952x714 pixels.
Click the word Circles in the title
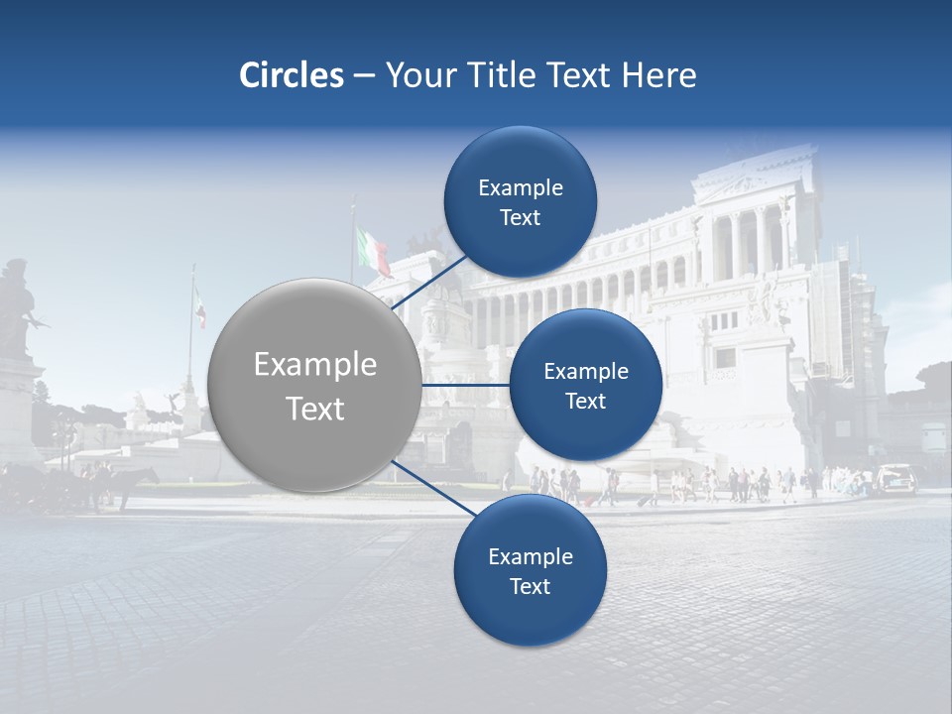point(292,75)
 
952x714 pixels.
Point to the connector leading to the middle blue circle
point(464,385)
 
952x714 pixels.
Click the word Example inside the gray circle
point(315,365)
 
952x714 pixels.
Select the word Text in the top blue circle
point(521,218)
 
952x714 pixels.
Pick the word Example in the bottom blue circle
point(531,557)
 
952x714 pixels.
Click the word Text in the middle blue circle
point(585,402)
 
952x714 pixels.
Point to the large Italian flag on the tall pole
point(374,250)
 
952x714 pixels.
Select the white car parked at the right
point(896,479)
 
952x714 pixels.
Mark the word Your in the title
point(415,75)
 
